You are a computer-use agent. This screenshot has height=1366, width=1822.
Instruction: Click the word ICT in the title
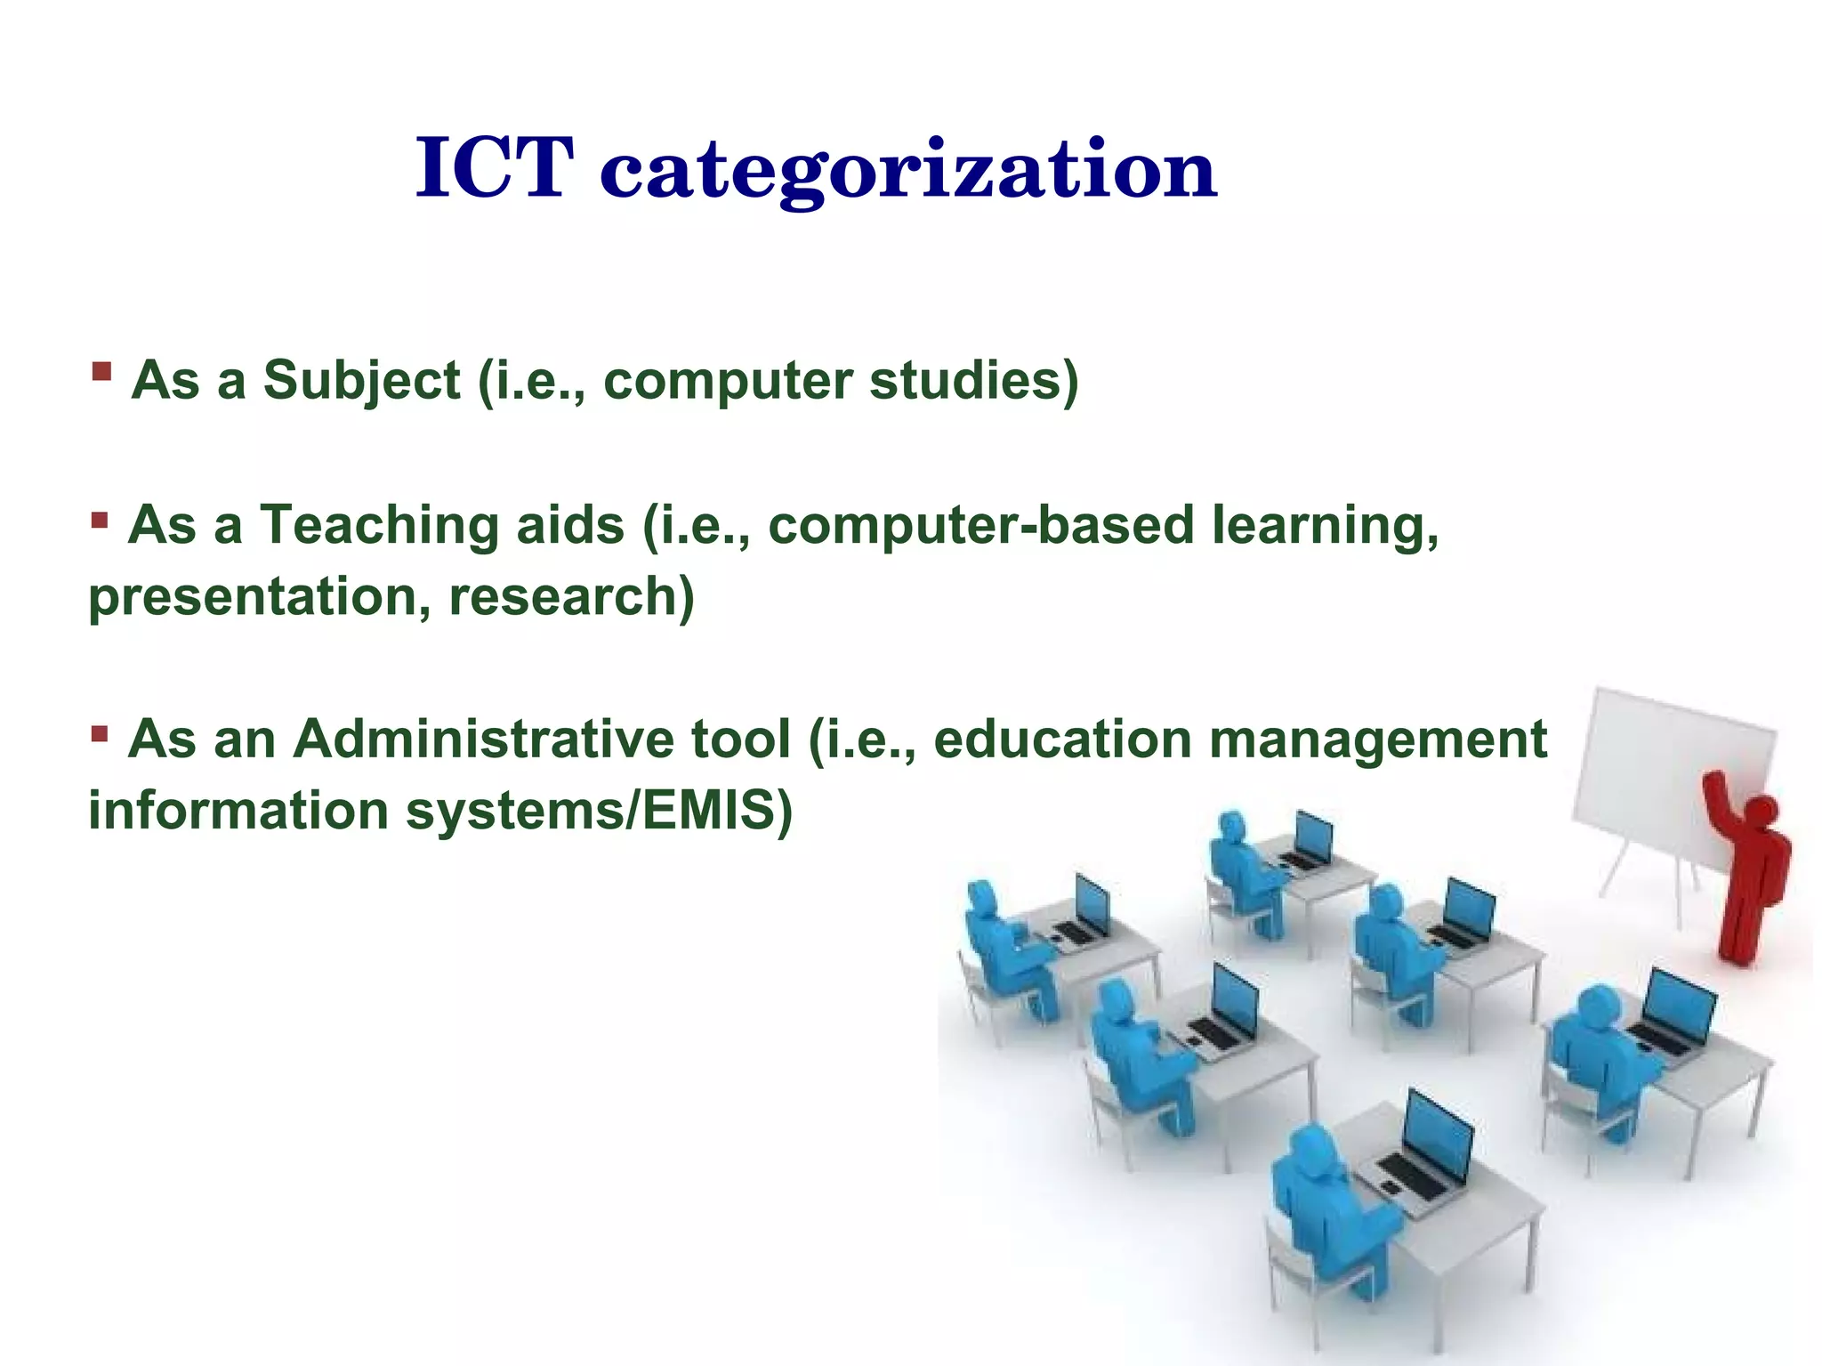click(x=494, y=169)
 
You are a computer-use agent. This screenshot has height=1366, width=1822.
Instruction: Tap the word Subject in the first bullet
click(x=361, y=381)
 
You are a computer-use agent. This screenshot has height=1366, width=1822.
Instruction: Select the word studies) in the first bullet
click(x=973, y=381)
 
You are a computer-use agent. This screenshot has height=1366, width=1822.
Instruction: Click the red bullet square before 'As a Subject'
click(x=101, y=370)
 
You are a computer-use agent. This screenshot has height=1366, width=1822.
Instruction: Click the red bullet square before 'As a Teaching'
click(x=100, y=518)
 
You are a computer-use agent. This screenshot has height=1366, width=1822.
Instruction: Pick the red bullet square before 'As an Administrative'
click(x=100, y=734)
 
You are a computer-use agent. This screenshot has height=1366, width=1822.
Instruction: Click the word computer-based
click(x=979, y=525)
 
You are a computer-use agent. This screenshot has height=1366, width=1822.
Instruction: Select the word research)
click(x=571, y=596)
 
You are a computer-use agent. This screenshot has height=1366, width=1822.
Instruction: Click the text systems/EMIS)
click(x=598, y=811)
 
